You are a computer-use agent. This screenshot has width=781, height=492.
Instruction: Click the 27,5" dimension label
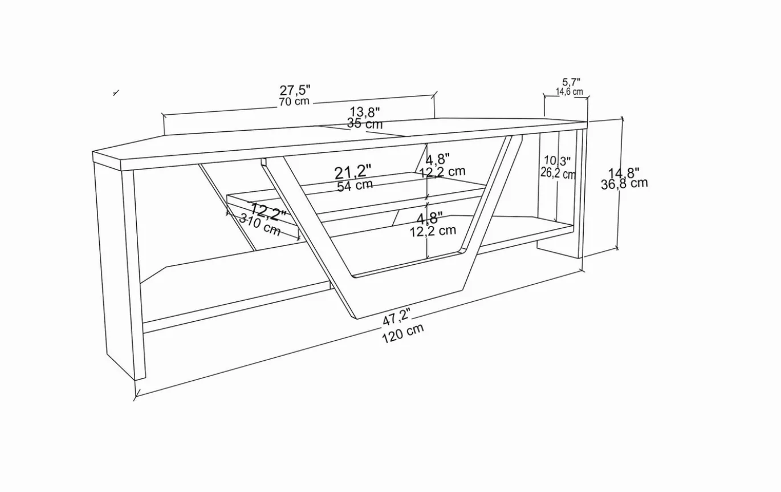295,90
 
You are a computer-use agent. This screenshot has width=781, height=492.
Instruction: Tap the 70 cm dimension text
294,102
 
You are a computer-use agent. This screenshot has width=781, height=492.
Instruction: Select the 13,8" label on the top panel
365,112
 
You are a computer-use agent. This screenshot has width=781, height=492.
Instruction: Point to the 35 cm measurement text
365,123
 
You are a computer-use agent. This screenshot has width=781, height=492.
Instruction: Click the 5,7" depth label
571,82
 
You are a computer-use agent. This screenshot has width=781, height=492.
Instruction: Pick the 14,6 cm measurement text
570,92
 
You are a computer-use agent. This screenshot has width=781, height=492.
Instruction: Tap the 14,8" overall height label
624,173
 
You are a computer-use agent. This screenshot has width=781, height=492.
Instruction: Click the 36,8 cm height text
624,184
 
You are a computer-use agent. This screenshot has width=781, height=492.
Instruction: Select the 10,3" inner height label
558,161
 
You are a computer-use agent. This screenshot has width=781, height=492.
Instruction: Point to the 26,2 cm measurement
558,173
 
